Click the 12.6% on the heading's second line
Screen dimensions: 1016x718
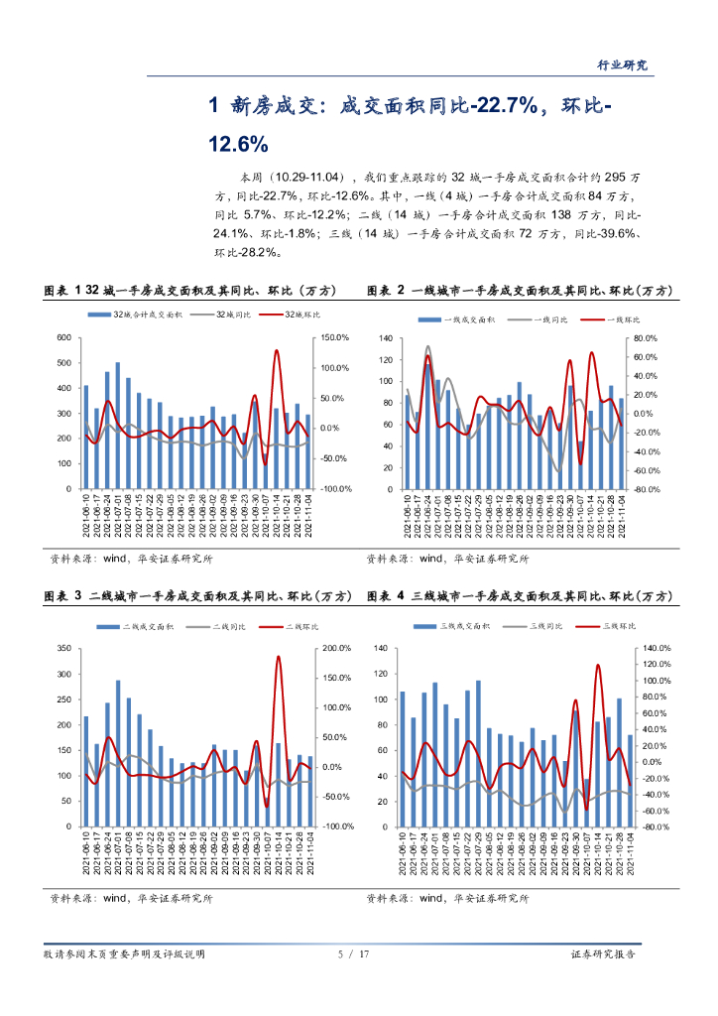pos(238,143)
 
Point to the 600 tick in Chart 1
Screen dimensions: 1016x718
pos(64,338)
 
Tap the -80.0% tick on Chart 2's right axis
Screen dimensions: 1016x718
pos(648,489)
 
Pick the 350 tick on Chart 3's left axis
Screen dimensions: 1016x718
pos(64,649)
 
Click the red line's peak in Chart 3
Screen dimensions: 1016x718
pos(278,656)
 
